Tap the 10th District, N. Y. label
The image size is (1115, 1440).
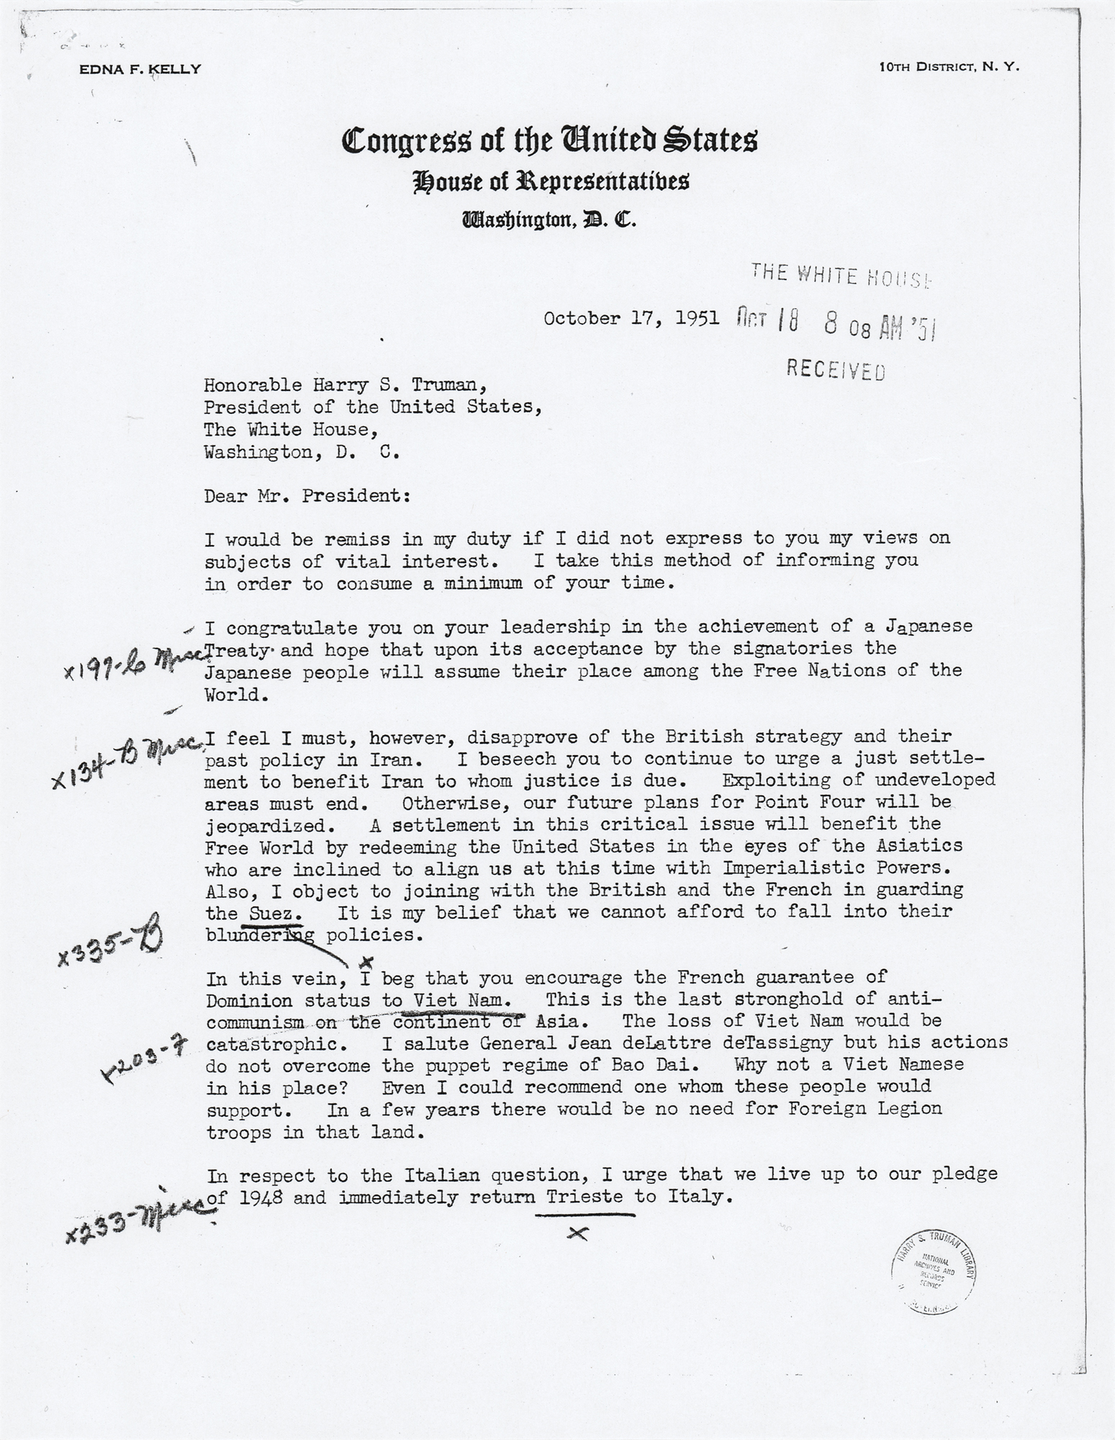949,67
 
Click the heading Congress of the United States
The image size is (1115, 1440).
549,141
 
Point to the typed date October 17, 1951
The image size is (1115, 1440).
631,318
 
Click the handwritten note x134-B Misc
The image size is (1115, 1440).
126,760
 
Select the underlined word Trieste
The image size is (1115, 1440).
585,1199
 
